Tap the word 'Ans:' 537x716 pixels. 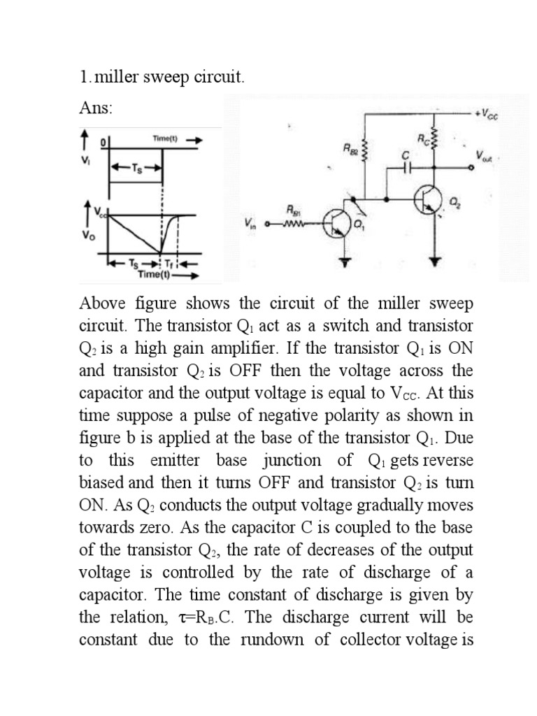95,108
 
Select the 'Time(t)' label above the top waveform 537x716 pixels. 166,139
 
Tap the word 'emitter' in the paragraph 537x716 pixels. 176,460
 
